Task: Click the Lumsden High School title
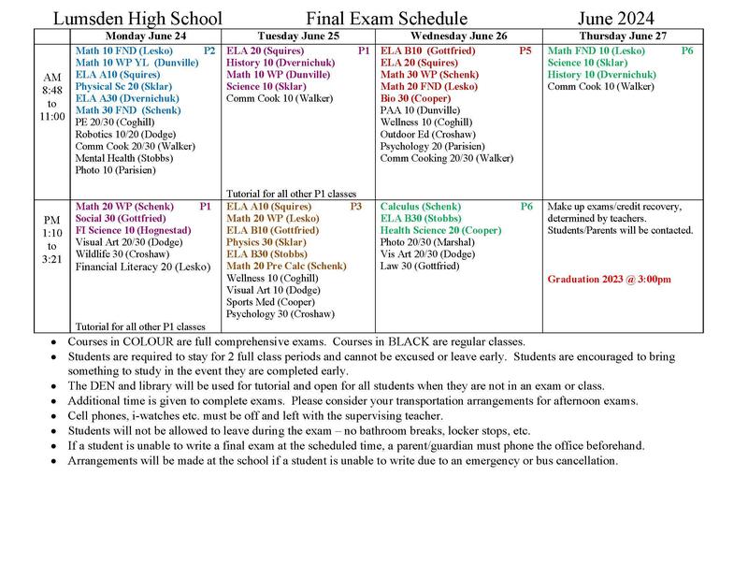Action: click(138, 19)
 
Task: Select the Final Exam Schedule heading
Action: click(374, 19)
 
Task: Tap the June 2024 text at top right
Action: click(615, 19)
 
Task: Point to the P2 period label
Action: click(209, 50)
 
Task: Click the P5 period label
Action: click(525, 50)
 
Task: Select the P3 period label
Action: click(355, 206)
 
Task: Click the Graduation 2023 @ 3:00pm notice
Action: click(609, 279)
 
